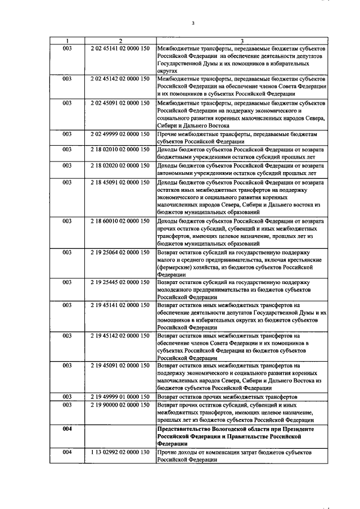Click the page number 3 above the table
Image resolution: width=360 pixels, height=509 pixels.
192,23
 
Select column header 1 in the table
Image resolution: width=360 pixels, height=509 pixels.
67,40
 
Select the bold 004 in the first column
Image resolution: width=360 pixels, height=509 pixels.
67,429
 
